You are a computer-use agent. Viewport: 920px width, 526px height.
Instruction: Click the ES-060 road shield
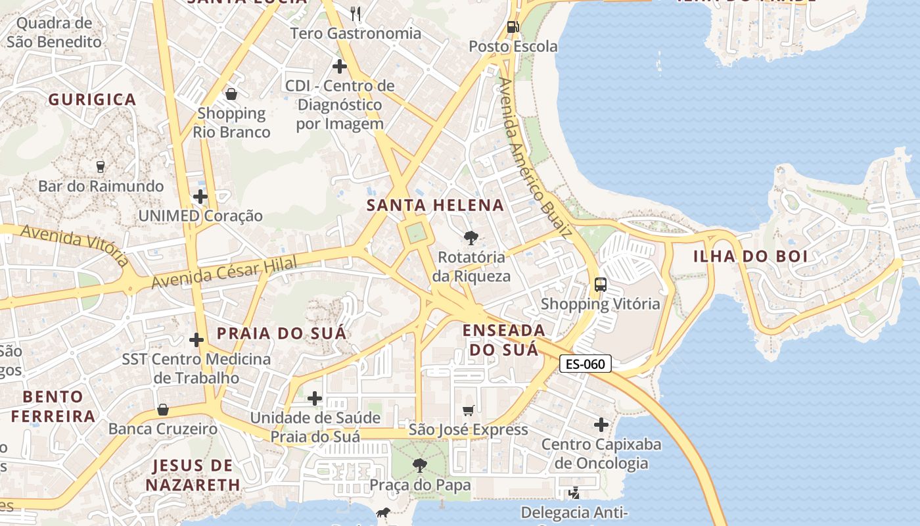pos(586,364)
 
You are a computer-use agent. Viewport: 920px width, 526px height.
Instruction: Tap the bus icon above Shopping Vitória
pos(600,285)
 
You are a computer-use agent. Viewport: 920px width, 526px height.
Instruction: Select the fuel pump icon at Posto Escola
pos(513,27)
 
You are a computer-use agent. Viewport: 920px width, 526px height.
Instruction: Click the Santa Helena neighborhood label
pos(435,205)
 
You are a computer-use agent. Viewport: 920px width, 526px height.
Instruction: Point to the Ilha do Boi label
pos(750,256)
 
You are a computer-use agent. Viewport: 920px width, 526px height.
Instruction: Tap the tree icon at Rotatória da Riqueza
pos(471,237)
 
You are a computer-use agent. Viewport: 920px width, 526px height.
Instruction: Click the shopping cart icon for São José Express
pos(468,411)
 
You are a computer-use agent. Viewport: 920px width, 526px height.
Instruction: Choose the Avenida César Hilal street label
pos(223,272)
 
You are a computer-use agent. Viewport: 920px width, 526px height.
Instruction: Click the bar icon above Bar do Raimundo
pos(101,167)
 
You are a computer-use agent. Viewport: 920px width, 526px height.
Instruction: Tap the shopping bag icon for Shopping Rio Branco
pos(231,94)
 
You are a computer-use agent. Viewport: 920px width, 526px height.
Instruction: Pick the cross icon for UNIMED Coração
pos(200,197)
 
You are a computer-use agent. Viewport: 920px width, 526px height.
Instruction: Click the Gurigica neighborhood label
pos(92,100)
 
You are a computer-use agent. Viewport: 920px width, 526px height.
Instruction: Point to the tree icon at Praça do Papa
pos(419,466)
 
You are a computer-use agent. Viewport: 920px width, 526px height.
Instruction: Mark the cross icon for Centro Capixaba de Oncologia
pos(601,425)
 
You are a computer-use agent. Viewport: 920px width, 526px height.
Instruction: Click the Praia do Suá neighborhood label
pos(281,333)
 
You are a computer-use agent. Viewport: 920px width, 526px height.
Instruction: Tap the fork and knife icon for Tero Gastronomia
pos(356,13)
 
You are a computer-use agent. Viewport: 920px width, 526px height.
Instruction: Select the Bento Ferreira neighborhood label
pos(53,406)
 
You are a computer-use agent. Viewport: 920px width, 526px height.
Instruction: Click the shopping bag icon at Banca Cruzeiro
pos(163,410)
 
